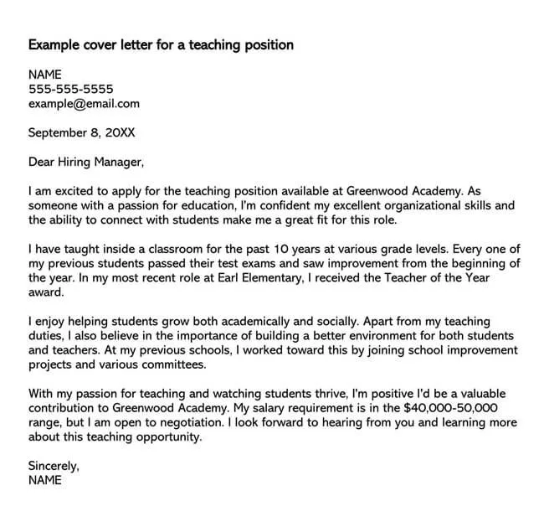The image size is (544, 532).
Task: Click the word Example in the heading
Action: click(x=56, y=44)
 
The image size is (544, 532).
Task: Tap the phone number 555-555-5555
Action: click(x=71, y=89)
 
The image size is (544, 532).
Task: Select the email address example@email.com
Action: click(x=84, y=104)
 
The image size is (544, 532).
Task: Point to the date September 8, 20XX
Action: click(x=81, y=132)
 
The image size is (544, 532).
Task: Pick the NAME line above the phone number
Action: click(x=46, y=74)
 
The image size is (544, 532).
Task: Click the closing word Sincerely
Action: click(x=54, y=466)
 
